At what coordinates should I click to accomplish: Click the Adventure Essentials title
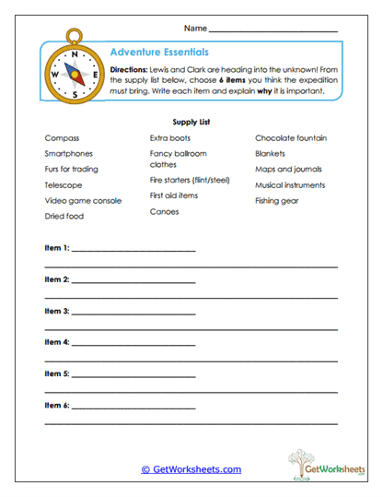coord(158,53)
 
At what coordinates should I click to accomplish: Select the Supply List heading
coord(191,121)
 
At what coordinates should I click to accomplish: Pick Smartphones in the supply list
coord(69,154)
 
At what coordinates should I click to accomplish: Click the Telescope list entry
coord(64,184)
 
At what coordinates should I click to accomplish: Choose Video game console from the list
coord(83,200)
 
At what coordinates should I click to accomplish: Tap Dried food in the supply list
coord(64,216)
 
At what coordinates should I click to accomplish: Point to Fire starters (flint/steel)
coord(190,180)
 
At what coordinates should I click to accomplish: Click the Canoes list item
coord(165,211)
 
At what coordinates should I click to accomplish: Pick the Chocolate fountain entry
coord(291,138)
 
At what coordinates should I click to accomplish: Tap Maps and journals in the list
coord(290,170)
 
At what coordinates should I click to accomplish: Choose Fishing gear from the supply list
coord(278,200)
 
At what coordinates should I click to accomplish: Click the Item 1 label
coord(57,248)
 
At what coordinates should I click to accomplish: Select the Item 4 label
coord(57,342)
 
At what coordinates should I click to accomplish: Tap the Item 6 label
coord(57,405)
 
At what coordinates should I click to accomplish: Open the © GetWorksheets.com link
coord(191,469)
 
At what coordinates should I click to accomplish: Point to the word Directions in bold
coord(130,70)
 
